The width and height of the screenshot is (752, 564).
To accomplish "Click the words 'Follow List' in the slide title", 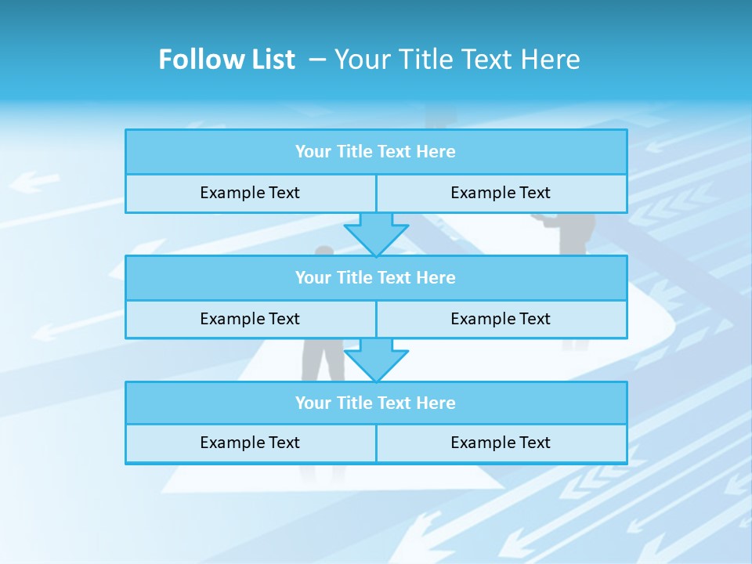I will click(x=226, y=60).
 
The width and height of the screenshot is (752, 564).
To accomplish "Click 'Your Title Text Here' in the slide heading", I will click(x=457, y=60).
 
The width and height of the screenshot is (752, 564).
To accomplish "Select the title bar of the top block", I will click(x=376, y=152).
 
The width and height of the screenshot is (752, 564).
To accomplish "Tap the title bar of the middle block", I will click(x=376, y=277).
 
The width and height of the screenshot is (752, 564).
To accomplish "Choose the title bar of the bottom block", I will click(x=376, y=403).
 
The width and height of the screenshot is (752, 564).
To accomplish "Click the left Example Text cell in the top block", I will click(x=250, y=193).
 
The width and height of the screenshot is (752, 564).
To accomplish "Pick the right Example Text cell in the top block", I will click(x=501, y=193).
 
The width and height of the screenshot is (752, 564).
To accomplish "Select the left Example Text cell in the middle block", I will click(x=250, y=319).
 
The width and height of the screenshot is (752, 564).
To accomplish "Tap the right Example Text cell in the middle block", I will click(x=501, y=319).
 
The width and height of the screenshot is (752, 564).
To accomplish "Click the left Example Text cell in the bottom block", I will click(x=250, y=443).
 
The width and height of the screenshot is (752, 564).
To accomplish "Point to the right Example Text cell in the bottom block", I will click(x=501, y=443).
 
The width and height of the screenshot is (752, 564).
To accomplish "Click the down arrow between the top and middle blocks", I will click(x=376, y=233).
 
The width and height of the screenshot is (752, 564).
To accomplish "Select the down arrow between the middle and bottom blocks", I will click(x=376, y=360).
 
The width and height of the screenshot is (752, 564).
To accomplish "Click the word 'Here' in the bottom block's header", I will click(x=436, y=403).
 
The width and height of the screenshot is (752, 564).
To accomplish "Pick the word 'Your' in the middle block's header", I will click(x=313, y=277).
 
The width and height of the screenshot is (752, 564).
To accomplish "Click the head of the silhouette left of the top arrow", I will click(x=324, y=251).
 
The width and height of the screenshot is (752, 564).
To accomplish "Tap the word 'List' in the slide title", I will click(x=273, y=60).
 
